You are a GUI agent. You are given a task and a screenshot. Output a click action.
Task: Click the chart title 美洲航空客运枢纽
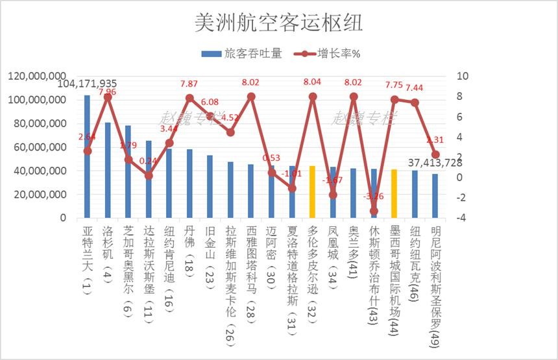click(278, 23)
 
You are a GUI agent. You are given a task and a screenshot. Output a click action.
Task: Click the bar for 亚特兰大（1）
click(87, 156)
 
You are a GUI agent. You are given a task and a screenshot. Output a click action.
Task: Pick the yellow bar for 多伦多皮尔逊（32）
click(312, 192)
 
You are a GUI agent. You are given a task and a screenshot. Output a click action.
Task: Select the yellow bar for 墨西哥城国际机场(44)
click(394, 193)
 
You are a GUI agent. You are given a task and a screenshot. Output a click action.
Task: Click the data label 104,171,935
click(88, 84)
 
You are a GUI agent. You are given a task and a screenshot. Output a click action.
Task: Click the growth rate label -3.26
click(373, 197)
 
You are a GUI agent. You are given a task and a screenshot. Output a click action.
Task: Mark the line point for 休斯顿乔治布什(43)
click(374, 211)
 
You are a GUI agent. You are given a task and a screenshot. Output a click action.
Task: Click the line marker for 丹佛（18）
click(189, 98)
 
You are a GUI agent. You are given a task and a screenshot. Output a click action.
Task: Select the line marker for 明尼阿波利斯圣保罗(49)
click(435, 154)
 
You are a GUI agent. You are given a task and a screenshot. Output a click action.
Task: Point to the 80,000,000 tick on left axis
click(38, 124)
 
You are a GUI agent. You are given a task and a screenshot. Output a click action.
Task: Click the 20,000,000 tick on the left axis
click(38, 195)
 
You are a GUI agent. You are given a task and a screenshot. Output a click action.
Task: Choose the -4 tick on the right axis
click(461, 218)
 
